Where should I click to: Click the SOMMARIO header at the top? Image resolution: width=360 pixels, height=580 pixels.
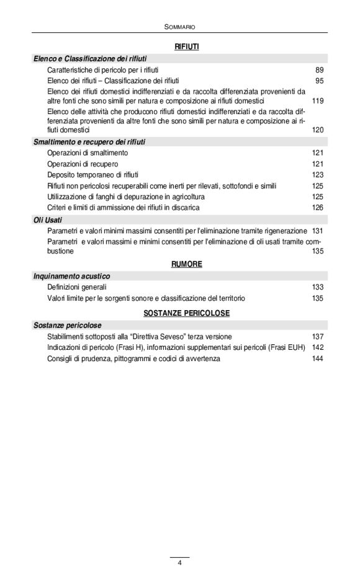(x=179, y=27)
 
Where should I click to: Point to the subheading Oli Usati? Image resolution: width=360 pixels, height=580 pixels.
(x=48, y=220)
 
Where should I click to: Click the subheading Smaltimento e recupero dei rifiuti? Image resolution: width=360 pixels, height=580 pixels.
(x=89, y=141)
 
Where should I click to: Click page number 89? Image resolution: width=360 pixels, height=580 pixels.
(x=319, y=70)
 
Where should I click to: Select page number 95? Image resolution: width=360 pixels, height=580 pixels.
(x=319, y=81)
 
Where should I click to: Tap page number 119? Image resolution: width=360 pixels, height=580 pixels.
(x=317, y=100)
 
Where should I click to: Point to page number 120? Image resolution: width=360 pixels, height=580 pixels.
(x=317, y=130)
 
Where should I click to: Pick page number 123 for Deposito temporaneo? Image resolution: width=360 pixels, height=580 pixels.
(x=317, y=175)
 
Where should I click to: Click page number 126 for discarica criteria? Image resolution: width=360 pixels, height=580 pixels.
(x=317, y=207)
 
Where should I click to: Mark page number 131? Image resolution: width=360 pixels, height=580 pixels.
(x=317, y=231)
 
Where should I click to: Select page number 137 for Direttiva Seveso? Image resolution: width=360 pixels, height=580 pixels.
(x=317, y=336)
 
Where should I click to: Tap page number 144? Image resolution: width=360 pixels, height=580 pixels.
(x=317, y=359)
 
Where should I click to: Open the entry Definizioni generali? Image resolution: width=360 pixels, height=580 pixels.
(x=77, y=287)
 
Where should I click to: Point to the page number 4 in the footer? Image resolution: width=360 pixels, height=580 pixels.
(x=179, y=562)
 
